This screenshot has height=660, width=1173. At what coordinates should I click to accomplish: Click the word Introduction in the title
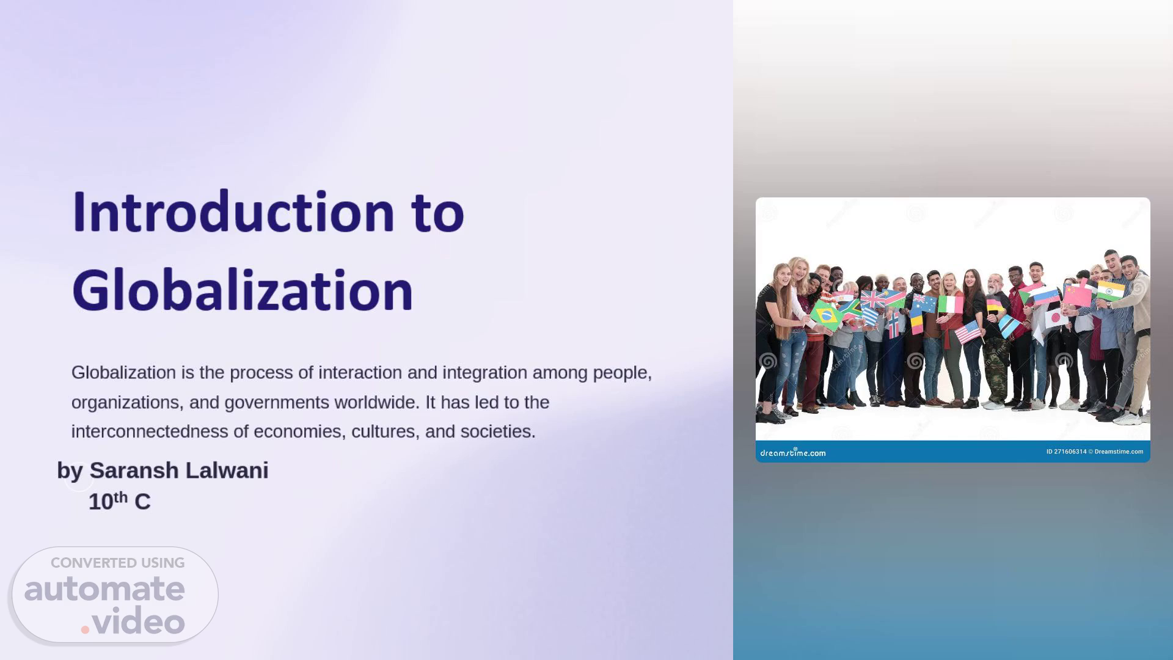233,212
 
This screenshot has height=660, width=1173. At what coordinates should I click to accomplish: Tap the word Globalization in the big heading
243,290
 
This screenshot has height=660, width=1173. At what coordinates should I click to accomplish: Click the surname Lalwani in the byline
227,470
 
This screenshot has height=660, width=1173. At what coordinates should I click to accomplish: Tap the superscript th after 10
121,497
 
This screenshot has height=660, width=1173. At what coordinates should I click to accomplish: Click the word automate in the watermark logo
104,588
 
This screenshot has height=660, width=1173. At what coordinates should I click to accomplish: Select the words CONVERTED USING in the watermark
117,563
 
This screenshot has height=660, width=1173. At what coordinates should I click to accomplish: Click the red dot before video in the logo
86,629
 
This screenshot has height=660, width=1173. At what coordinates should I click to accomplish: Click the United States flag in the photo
968,333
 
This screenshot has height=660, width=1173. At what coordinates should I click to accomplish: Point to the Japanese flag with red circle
1056,318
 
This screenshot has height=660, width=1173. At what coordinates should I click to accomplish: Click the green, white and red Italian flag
950,304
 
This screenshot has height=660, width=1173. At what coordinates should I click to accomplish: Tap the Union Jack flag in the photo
873,299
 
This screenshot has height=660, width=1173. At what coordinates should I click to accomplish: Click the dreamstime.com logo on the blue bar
792,452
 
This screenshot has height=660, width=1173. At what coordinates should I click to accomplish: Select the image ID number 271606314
1066,452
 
